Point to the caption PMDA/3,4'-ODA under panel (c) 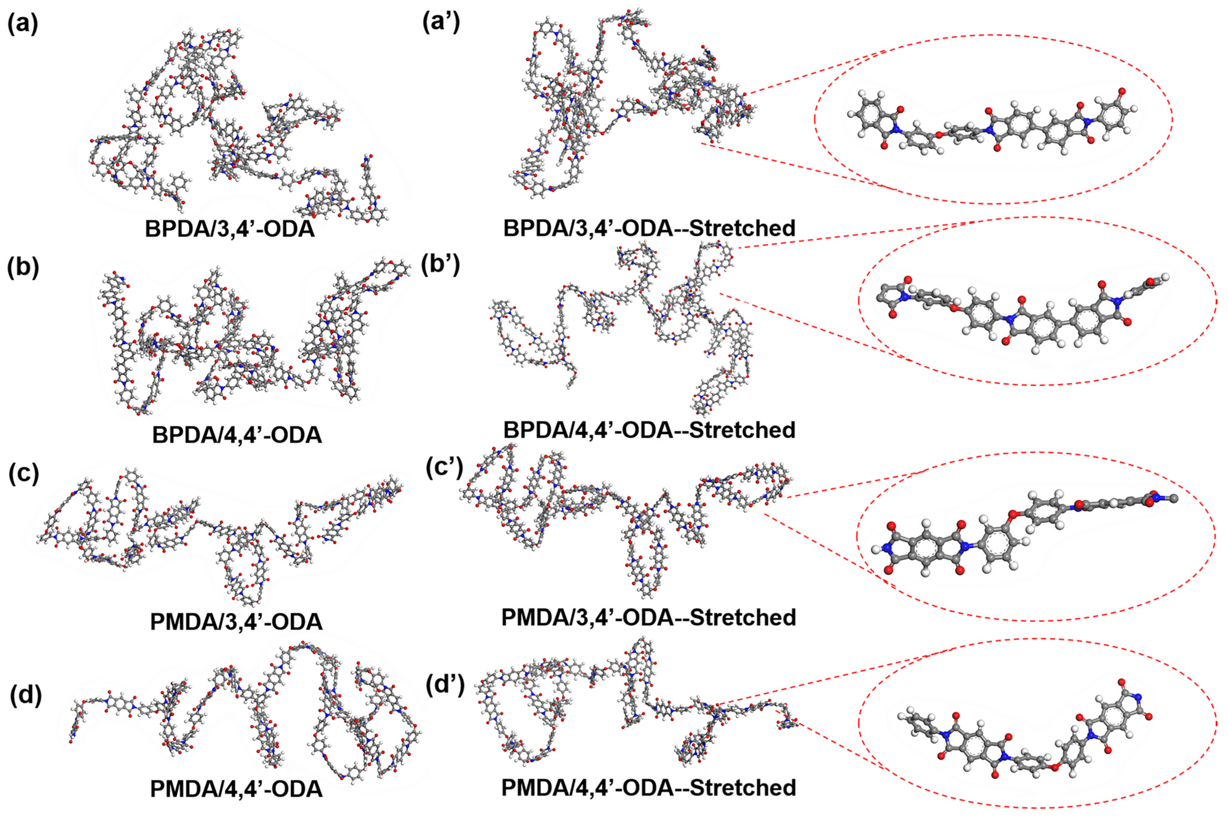[235, 622]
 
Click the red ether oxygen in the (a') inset [938, 135]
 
